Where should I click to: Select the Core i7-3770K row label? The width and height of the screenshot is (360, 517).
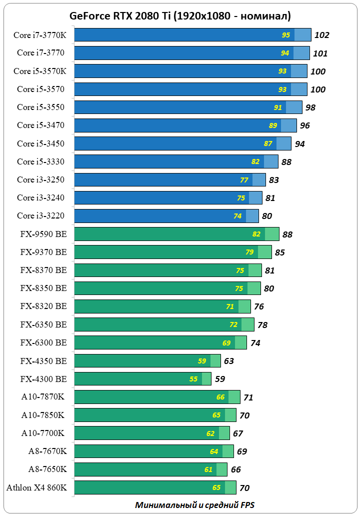(40, 35)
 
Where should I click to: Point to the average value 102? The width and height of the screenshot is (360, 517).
(321, 35)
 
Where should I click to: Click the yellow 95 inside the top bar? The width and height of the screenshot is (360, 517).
(286, 35)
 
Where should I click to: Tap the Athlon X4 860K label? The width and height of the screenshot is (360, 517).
(36, 487)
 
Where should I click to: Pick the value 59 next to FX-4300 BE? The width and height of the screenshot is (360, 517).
(220, 379)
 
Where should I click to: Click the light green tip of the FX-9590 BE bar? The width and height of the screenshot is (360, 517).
(271, 234)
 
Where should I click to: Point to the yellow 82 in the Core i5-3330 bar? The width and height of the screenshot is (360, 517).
(255, 161)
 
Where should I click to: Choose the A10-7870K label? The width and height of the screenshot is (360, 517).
(44, 397)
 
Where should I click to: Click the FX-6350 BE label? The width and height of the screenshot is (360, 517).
(43, 324)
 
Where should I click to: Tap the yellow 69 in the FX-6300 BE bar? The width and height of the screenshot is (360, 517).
(226, 343)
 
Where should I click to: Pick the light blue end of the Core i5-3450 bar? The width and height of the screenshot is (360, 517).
(283, 143)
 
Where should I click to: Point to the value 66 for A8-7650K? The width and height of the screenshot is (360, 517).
(235, 469)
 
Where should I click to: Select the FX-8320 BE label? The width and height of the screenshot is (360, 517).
(43, 306)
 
